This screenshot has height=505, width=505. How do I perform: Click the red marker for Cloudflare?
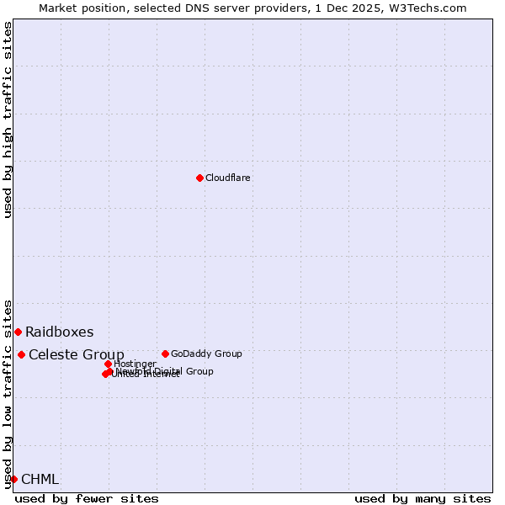click(x=199, y=178)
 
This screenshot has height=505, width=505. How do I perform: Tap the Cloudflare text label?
click(x=228, y=178)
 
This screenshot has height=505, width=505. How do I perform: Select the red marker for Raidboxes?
click(x=18, y=332)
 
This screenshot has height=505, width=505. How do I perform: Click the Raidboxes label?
click(x=59, y=332)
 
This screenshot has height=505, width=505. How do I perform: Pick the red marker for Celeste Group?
click(x=21, y=354)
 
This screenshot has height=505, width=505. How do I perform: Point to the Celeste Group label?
click(x=76, y=354)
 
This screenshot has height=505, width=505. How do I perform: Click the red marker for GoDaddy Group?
click(x=165, y=353)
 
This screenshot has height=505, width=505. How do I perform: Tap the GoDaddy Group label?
click(x=206, y=353)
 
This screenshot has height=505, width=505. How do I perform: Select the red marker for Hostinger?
click(x=108, y=364)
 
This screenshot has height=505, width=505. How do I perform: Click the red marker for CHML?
click(x=13, y=479)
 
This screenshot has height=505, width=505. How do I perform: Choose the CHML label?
click(x=40, y=479)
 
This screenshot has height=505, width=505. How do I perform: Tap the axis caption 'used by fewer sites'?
click(x=87, y=498)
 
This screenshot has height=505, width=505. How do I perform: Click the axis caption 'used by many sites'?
click(x=422, y=498)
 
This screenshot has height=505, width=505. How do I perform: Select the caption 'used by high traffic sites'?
click(x=8, y=120)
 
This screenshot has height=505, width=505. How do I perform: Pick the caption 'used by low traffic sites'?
click(x=8, y=393)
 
